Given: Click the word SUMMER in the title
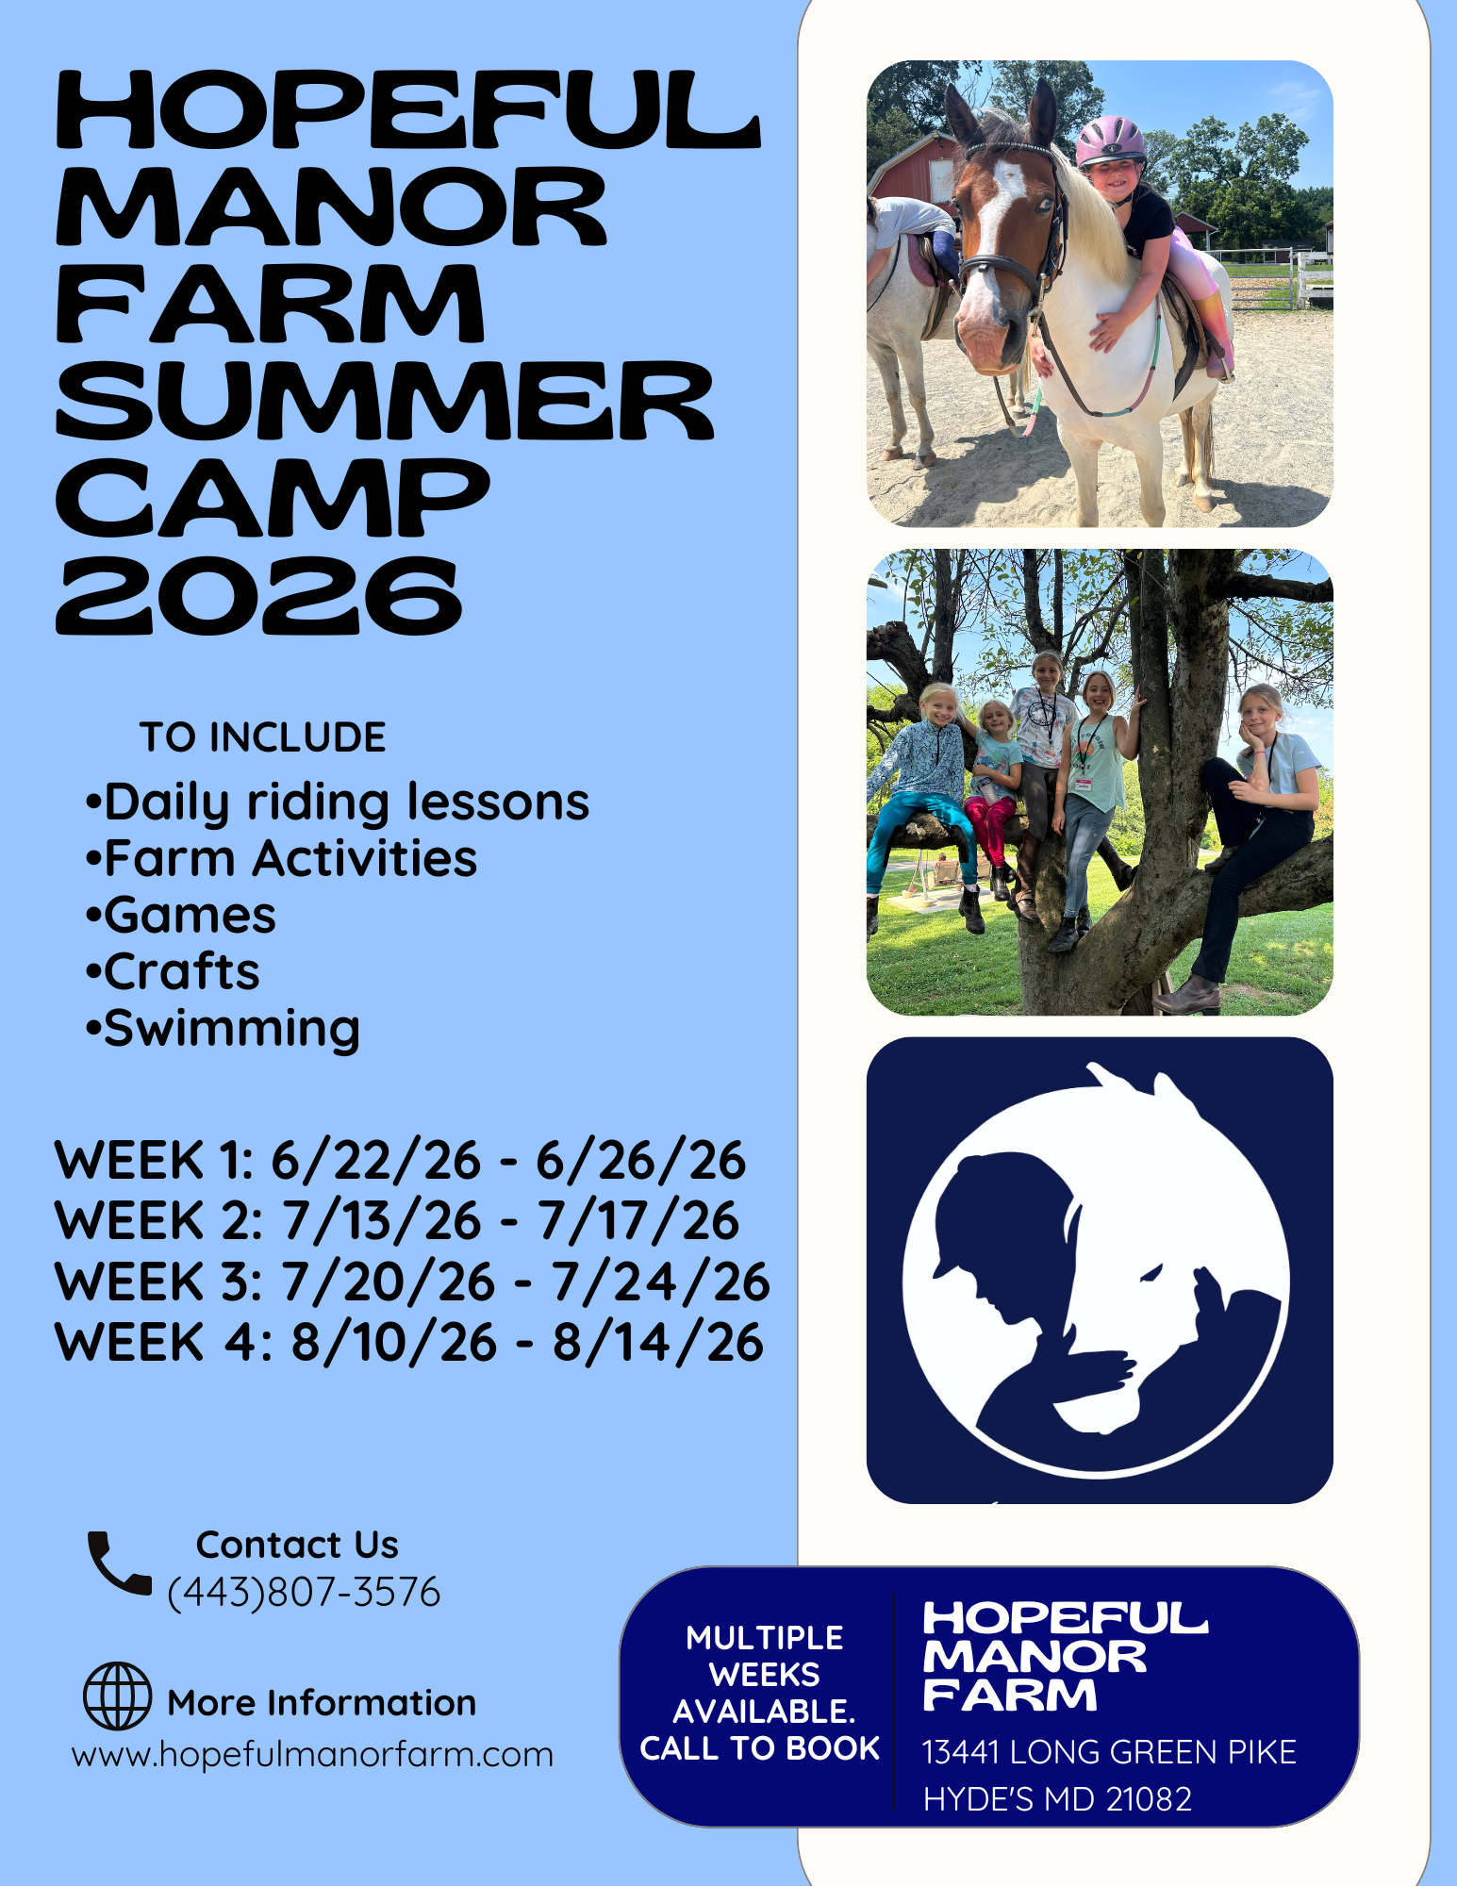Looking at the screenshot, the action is click(x=385, y=401).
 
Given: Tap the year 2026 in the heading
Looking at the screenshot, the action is click(x=259, y=595).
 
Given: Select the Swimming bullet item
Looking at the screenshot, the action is click(x=223, y=1029).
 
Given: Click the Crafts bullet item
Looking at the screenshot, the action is click(x=173, y=972).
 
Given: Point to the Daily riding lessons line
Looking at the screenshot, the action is click(x=337, y=803).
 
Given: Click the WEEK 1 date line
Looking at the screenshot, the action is click(x=400, y=1160).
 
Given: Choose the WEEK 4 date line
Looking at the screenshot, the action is click(x=409, y=1343).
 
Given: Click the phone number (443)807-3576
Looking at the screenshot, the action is click(x=304, y=1592).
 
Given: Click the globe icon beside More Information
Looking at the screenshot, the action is click(x=117, y=1696).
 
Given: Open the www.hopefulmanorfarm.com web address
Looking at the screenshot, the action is click(x=312, y=1755).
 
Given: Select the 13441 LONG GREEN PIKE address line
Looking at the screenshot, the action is click(x=1109, y=1752).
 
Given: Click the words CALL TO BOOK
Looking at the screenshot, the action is click(x=759, y=1748).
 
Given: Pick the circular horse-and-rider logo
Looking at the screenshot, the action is click(x=1097, y=1269).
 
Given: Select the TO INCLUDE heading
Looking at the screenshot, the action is click(x=263, y=737).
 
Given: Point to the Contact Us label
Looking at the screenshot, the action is click(x=297, y=1545).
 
